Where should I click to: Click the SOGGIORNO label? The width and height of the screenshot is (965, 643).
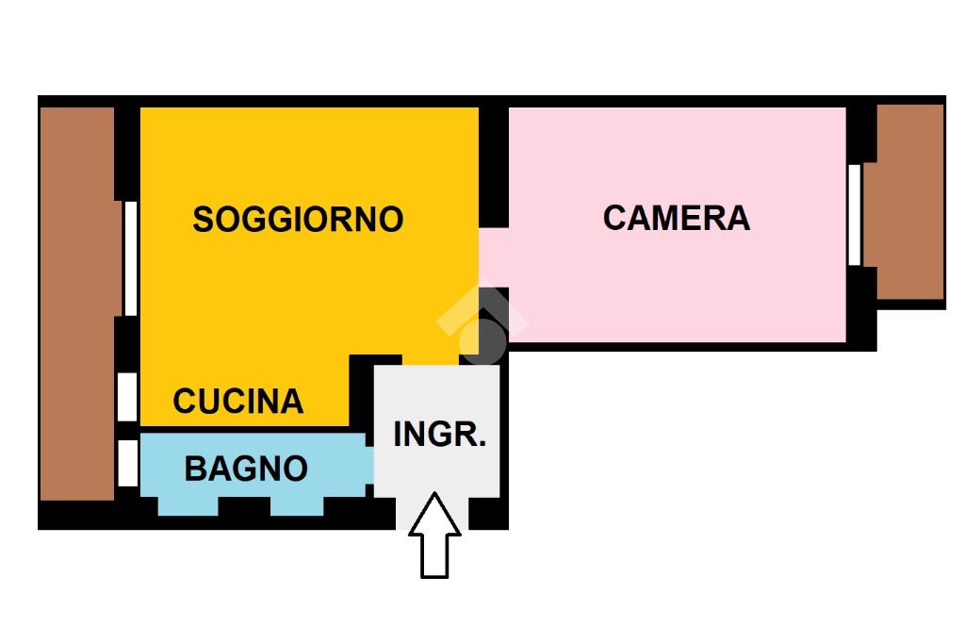pos(298,219)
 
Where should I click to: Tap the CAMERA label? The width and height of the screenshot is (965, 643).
pos(676,218)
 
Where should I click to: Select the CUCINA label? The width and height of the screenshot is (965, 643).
pos(238,401)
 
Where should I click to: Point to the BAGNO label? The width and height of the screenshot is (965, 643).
pos(246,468)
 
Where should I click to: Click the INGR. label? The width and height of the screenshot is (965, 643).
pos(439,435)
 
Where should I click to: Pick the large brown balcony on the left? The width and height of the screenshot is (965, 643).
pos(77,302)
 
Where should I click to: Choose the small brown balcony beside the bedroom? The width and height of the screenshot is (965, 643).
pos(909,203)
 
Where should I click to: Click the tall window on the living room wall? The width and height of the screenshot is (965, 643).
pos(131,257)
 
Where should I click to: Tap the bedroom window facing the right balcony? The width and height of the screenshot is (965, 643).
pos(854,215)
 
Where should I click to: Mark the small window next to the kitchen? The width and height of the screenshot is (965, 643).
pos(126,396)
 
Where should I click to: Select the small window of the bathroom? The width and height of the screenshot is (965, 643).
pos(126,462)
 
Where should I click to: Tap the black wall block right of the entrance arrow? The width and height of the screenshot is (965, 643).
pos(488,513)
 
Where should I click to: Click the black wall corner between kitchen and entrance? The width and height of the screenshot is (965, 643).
pos(361,391)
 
